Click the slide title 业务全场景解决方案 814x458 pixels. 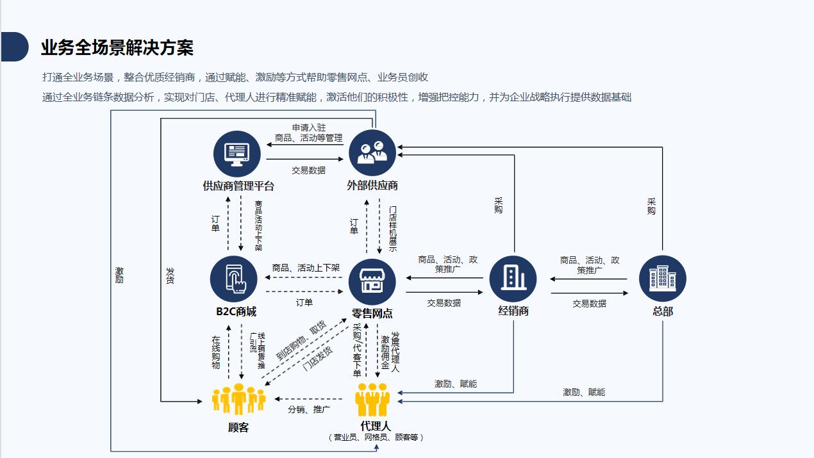pyautogui.click(x=117, y=47)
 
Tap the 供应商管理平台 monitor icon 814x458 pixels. pyautogui.click(x=237, y=153)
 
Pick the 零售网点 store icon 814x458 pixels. pyautogui.click(x=372, y=281)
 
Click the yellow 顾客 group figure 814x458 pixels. pyautogui.click(x=238, y=398)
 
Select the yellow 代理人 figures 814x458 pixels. pyautogui.click(x=373, y=399)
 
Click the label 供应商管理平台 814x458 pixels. pyautogui.click(x=238, y=186)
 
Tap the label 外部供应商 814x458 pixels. pyautogui.click(x=372, y=186)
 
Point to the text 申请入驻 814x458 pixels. pyautogui.click(x=309, y=128)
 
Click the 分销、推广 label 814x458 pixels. pyautogui.click(x=309, y=409)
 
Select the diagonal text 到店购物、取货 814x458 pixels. pyautogui.click(x=301, y=339)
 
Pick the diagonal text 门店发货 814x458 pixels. pyautogui.click(x=317, y=358)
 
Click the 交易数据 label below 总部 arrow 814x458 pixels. pyautogui.click(x=589, y=304)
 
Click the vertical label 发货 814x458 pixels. pyautogui.click(x=170, y=276)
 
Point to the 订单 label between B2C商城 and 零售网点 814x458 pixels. pyautogui.click(x=304, y=302)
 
